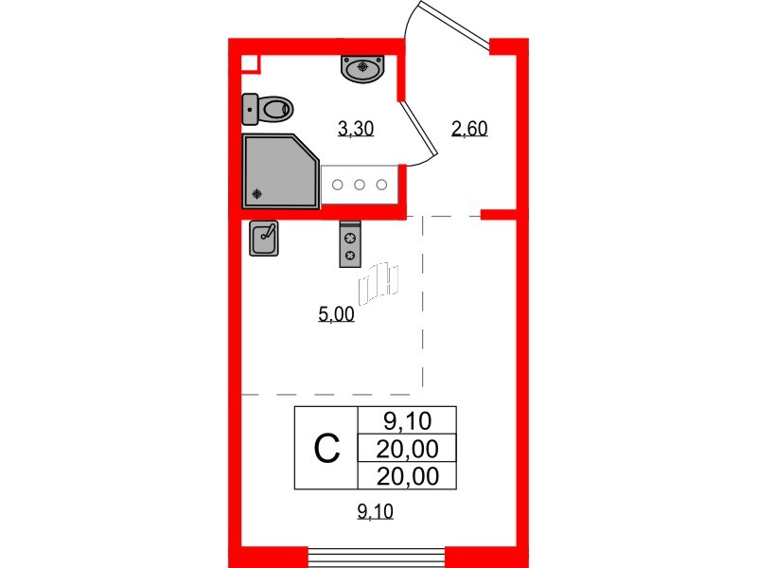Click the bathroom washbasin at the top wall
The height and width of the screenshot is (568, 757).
pos(362,68)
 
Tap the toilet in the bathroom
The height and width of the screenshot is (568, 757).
pos(268,109)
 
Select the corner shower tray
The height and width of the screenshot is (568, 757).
pos(279,170)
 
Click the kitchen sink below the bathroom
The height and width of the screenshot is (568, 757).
pos(264,239)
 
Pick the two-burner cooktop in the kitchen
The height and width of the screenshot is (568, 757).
pos(350,244)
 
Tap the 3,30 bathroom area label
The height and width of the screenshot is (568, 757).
pos(357,131)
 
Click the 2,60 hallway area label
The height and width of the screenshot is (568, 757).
pos(469,131)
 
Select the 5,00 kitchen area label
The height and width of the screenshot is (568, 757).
pos(337,315)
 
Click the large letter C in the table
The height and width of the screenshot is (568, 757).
pos(326,448)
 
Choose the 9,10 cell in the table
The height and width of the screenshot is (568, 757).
pos(407,419)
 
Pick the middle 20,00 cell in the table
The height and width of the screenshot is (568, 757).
pos(407,448)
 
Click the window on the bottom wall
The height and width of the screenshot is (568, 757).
pos(377,557)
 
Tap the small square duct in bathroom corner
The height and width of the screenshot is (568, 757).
pos(250,63)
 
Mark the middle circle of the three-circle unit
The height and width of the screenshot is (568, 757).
pos(360,185)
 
